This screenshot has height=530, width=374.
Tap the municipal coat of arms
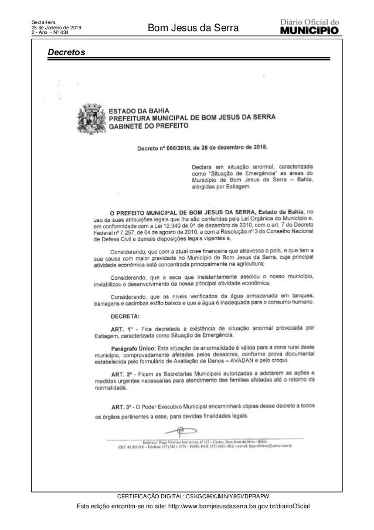(x=89, y=117)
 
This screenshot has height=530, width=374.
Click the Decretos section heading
(x=66, y=53)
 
